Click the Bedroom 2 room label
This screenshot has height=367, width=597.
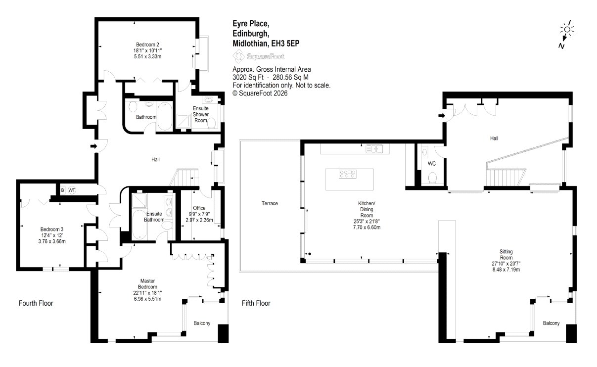pyautogui.click(x=147, y=45)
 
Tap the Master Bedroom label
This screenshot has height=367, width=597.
pyautogui.click(x=147, y=283)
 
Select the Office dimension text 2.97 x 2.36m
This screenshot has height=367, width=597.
pyautogui.click(x=199, y=220)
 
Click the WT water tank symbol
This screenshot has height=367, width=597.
pyautogui.click(x=72, y=190)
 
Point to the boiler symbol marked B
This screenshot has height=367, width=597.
pyautogui.click(x=62, y=190)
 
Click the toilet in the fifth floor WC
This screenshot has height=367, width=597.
pyautogui.click(x=432, y=178)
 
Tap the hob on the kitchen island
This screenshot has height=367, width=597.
pyautogui.click(x=348, y=174)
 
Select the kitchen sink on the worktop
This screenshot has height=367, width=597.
pyautogui.click(x=374, y=149)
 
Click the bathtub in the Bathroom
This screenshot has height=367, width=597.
pyautogui.click(x=165, y=116)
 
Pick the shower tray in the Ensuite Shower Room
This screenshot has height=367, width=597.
pyautogui.click(x=184, y=122)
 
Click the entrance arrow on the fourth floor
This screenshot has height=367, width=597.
pyautogui.click(x=93, y=146)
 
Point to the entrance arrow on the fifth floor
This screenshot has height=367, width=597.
pyautogui.click(x=442, y=116)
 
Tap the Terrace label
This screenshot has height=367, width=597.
pyautogui.click(x=270, y=203)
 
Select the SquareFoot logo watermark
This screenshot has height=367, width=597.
pyautogui.click(x=258, y=56)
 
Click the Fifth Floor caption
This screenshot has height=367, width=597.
pyautogui.click(x=256, y=303)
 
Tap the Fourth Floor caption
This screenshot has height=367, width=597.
pyautogui.click(x=36, y=303)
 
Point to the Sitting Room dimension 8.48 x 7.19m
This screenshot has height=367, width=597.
pyautogui.click(x=506, y=270)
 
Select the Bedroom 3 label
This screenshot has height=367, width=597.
pyautogui.click(x=52, y=229)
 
